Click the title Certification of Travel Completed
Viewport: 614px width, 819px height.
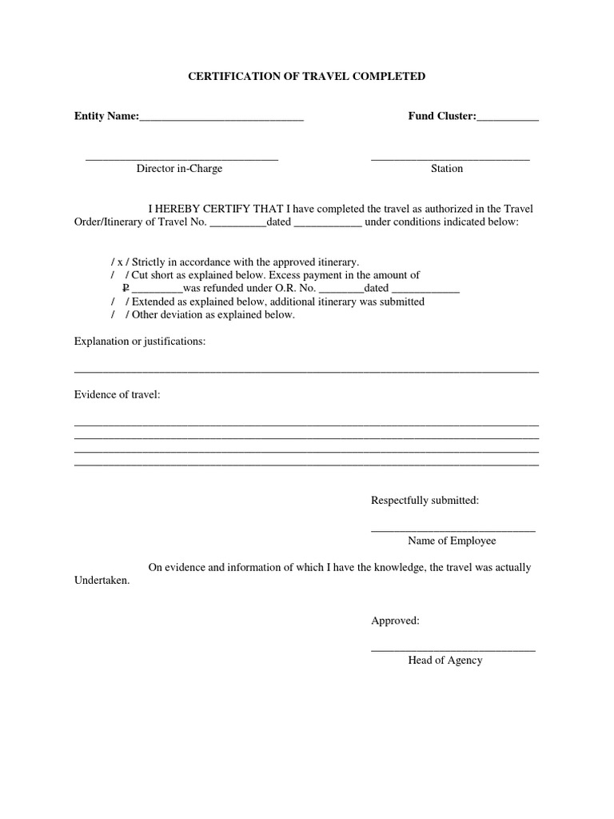tap(306, 77)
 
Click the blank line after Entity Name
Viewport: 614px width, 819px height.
tap(221, 120)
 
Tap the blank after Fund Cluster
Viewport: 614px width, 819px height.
tap(508, 120)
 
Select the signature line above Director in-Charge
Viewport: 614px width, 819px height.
tap(181, 160)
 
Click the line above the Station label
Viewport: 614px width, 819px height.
tap(450, 160)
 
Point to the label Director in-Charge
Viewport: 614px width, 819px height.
tap(179, 169)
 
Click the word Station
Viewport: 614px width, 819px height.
tap(447, 169)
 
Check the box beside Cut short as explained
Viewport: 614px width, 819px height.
tap(121, 275)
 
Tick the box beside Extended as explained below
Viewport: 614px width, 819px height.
tap(121, 302)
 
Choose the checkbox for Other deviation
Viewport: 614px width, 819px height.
tap(121, 314)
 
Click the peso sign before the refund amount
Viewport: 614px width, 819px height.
tap(125, 288)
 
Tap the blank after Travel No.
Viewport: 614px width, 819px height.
tap(237, 225)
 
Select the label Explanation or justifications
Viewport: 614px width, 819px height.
tap(140, 342)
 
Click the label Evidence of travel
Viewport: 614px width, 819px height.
tap(118, 395)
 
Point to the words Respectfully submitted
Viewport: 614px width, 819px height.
tap(425, 501)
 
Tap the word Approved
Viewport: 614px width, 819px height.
tap(395, 621)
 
